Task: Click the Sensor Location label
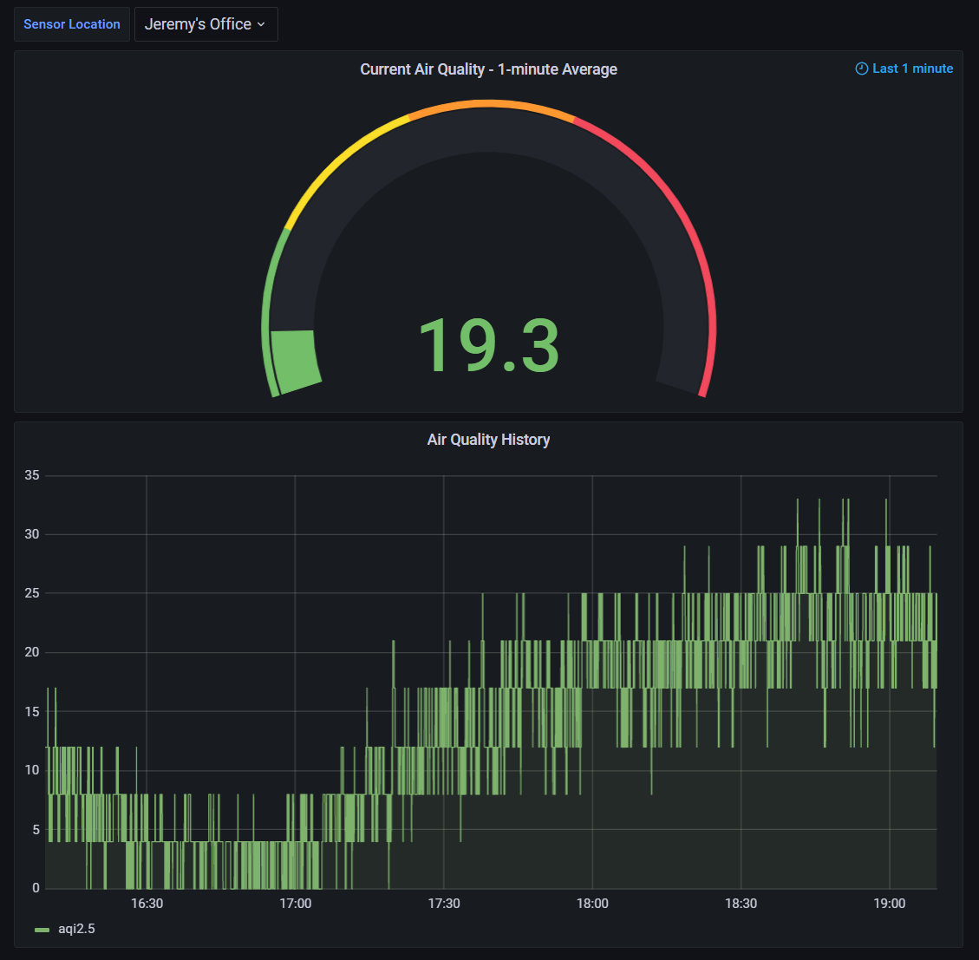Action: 72,24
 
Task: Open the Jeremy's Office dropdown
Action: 206,24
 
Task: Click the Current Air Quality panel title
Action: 488,69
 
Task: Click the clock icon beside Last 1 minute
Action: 862,69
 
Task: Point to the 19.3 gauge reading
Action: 489,345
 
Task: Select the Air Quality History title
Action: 488,440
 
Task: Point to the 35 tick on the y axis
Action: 32,475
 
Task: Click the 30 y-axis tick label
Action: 32,534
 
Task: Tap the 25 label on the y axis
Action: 32,593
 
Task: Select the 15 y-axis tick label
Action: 32,711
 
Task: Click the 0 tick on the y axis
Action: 36,888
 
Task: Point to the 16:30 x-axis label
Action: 147,904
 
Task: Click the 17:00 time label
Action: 296,904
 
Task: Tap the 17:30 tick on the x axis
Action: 444,904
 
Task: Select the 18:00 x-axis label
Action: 592,904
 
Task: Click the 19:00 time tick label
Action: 890,904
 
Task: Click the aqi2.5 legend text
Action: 77,929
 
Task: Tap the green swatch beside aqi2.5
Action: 42,930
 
